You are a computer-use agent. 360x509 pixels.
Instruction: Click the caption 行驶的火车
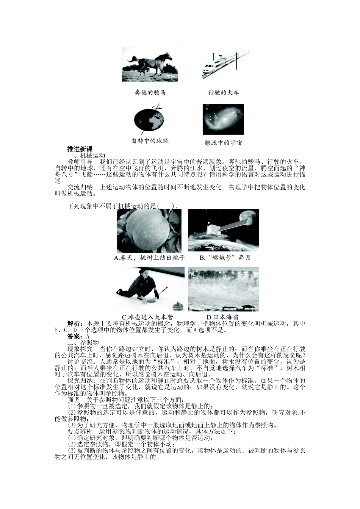point(223,92)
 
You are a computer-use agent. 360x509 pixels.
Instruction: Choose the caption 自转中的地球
point(150,141)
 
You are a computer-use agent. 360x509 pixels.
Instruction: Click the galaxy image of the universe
point(223,119)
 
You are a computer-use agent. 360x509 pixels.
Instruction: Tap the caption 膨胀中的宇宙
point(223,143)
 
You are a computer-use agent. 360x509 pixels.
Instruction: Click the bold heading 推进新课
point(80,149)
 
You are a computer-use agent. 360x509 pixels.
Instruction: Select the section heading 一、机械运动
point(86,155)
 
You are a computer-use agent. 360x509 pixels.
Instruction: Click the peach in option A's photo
point(148,230)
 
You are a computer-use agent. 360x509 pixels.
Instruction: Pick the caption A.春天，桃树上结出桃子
point(149,258)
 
